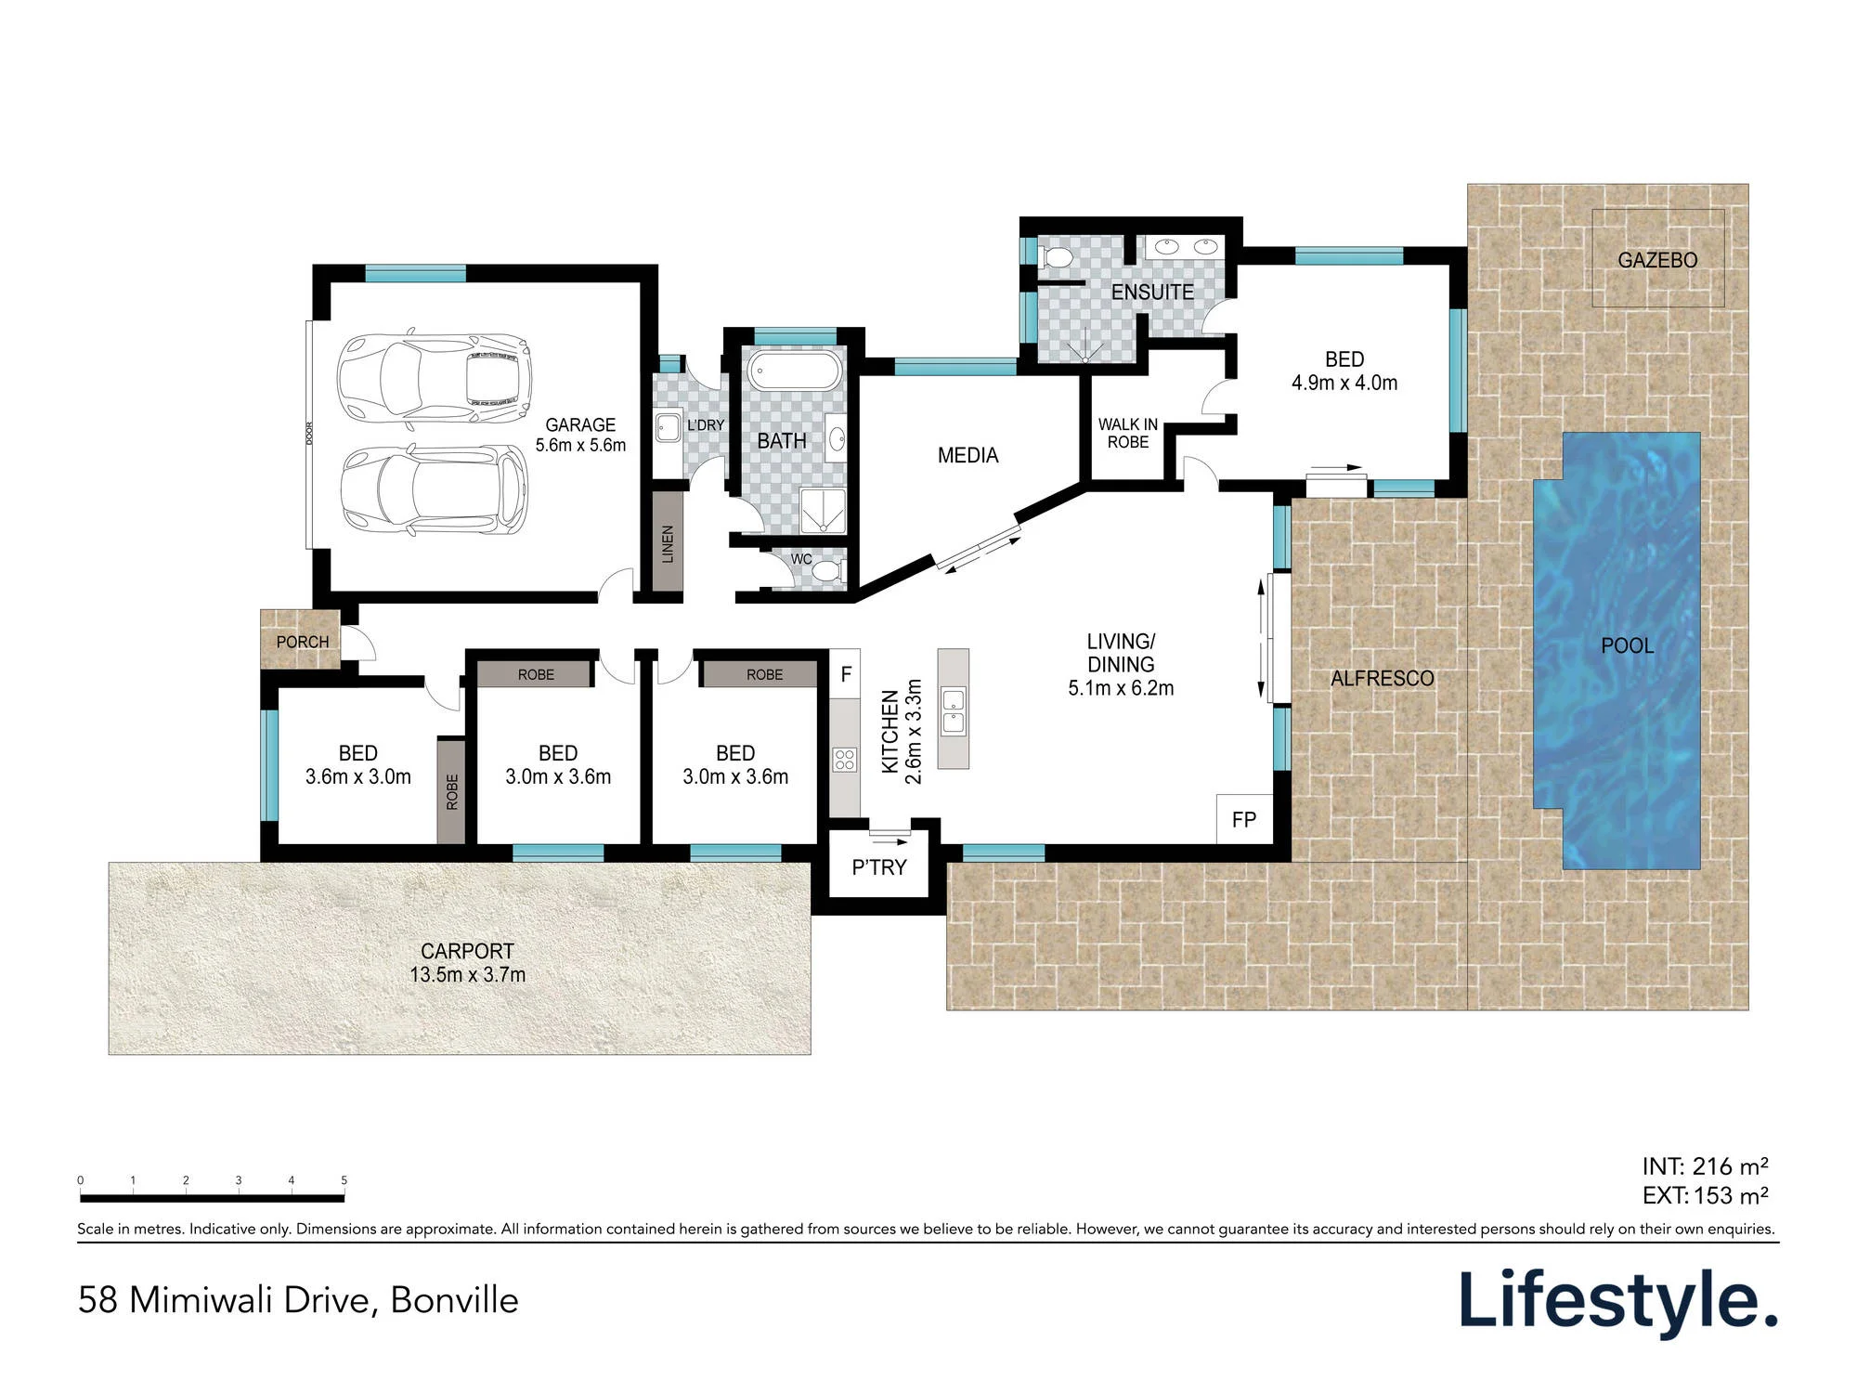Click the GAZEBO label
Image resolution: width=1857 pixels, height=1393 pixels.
point(1657,260)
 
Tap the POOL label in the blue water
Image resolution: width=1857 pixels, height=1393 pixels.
point(1628,645)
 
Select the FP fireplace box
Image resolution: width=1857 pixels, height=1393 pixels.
point(1244,819)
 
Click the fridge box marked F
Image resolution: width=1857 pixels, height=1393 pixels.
point(846,674)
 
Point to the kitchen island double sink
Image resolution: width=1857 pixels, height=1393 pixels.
point(954,710)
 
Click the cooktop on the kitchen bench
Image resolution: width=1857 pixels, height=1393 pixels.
point(844,760)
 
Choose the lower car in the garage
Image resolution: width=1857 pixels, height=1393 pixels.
point(434,489)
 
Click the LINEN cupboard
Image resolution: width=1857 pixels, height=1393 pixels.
point(667,541)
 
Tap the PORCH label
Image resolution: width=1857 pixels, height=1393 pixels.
point(303,642)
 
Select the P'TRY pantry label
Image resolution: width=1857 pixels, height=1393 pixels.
point(879,867)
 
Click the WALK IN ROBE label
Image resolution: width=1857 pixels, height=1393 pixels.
point(1128,433)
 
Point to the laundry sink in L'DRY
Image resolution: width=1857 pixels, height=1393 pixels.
point(668,428)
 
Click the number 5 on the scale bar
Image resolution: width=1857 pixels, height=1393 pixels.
point(344,1180)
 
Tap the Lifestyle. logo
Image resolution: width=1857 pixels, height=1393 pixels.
point(1618,1303)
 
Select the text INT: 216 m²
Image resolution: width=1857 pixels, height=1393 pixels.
point(1705,1166)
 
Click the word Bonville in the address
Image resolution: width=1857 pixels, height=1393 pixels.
point(454,1300)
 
